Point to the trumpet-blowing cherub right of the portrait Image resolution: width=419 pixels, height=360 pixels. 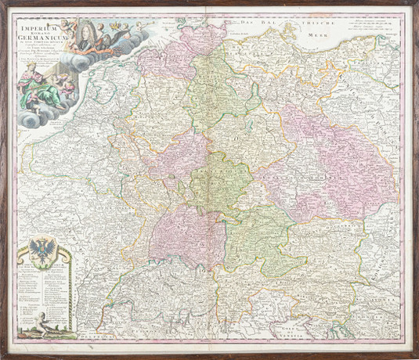click(117, 31)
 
